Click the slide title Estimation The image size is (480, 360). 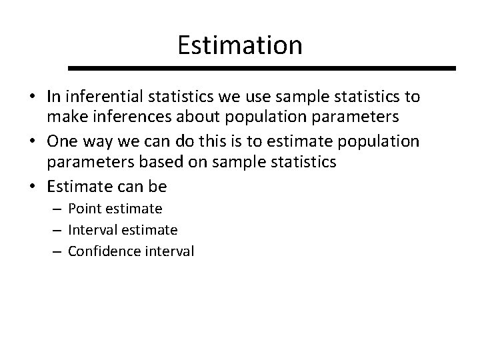coord(240,45)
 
